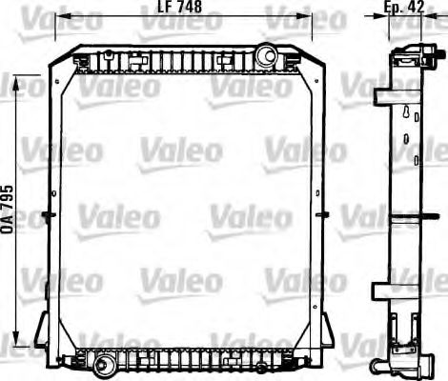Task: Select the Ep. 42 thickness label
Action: [x=404, y=9]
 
